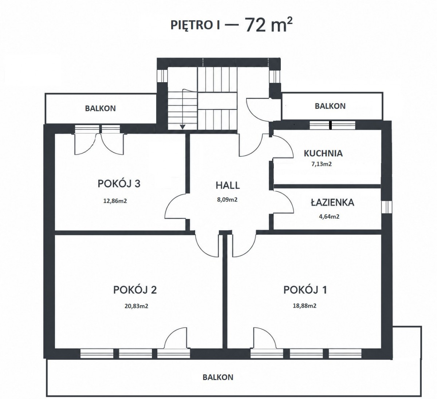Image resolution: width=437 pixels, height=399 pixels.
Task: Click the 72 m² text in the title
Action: [x=269, y=25]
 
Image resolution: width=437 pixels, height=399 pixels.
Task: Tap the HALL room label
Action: [x=228, y=185]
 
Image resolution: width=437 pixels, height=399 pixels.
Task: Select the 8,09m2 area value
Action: [x=227, y=199]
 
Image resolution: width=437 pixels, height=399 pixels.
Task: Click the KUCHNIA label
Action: [x=323, y=153]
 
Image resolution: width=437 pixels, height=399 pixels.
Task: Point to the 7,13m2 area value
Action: [x=322, y=164]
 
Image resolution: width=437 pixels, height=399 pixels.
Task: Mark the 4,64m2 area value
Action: [x=329, y=216]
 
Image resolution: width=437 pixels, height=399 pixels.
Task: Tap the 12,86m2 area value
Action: [x=115, y=201]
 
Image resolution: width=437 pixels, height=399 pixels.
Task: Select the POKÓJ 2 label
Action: [x=135, y=290]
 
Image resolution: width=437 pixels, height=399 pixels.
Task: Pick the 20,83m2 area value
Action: [x=136, y=306]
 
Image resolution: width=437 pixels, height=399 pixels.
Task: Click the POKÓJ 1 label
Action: [x=305, y=290]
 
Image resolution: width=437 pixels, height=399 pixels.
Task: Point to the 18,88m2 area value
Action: [x=304, y=306]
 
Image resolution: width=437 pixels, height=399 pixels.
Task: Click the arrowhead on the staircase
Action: [x=182, y=127]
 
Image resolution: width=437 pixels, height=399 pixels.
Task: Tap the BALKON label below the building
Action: [x=218, y=377]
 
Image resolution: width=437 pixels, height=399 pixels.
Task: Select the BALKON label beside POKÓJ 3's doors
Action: [x=101, y=108]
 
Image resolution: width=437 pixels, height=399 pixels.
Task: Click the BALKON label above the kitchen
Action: [x=330, y=106]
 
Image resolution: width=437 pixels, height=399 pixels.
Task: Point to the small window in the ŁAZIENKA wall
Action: [x=387, y=207]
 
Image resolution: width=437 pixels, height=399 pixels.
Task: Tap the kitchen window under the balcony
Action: [x=332, y=125]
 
